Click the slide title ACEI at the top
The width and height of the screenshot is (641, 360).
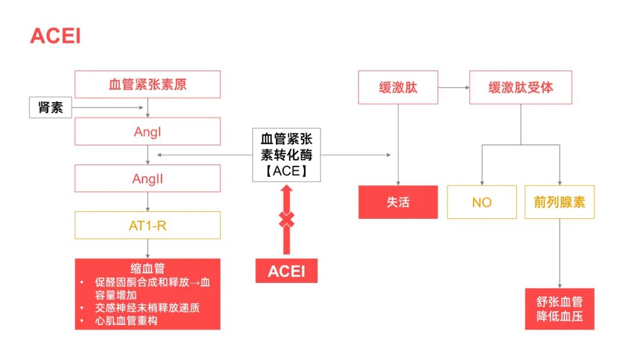[x=55, y=36]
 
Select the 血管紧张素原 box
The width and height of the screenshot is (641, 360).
[x=147, y=84]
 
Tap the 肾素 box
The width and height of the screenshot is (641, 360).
[x=50, y=107]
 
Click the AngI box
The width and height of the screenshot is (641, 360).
[x=147, y=131]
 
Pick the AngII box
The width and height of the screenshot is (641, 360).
[x=147, y=179]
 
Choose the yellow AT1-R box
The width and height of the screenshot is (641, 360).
[x=147, y=225]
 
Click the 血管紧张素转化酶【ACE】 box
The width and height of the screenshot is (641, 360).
[x=286, y=155]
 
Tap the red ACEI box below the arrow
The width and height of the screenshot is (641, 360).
[x=286, y=271]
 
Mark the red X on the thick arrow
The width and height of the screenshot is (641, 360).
[x=286, y=219]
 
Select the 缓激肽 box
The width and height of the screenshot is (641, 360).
[x=398, y=88]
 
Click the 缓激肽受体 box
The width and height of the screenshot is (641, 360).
[x=521, y=88]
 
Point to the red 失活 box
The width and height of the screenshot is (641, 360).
[x=398, y=202]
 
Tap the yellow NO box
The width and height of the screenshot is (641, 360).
[x=481, y=202]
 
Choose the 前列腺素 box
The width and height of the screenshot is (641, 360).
[x=559, y=202]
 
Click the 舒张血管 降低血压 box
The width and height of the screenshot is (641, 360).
[x=559, y=309]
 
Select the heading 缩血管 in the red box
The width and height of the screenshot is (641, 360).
[x=147, y=268]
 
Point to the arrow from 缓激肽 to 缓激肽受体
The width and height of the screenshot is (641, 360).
[x=453, y=88]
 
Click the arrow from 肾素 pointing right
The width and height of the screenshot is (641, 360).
[x=107, y=107]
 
